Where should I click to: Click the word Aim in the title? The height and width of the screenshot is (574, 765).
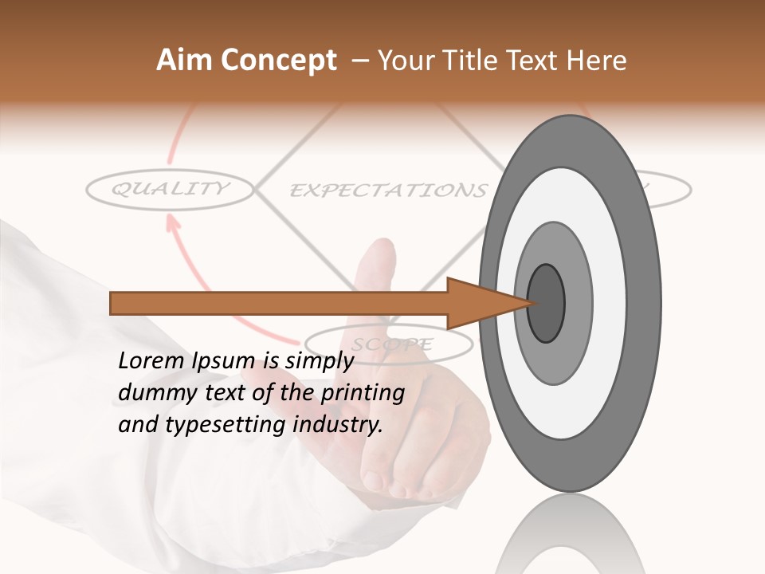coord(182,61)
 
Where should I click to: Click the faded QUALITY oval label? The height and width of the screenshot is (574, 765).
coord(169,190)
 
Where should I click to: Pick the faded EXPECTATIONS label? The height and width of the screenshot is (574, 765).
coord(387,191)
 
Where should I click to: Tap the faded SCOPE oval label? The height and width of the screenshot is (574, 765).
coord(391,344)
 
